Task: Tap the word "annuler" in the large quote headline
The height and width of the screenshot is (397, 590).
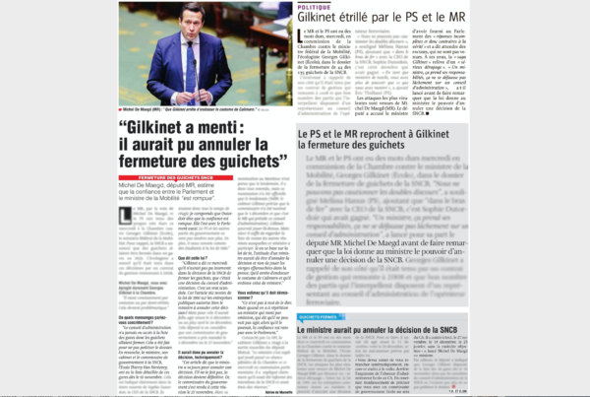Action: [247, 147]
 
